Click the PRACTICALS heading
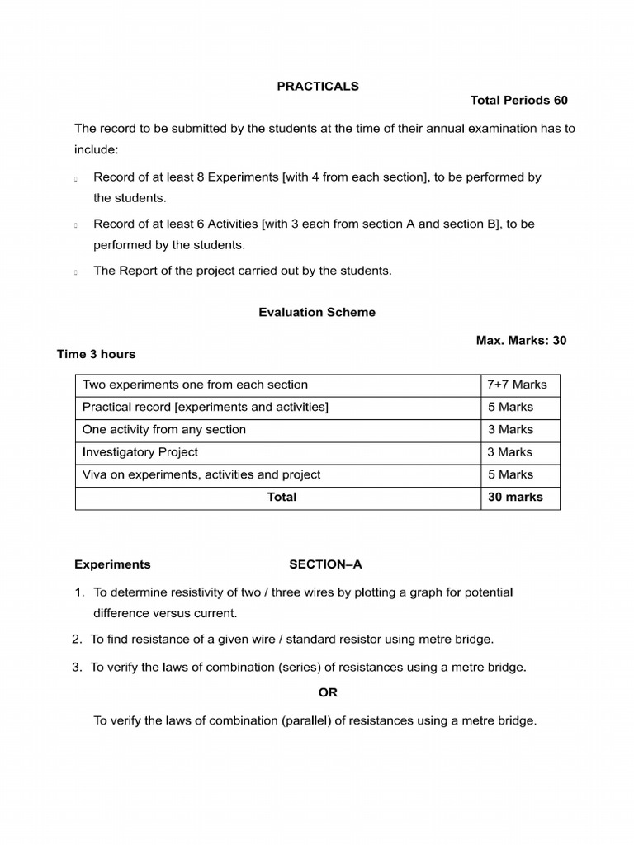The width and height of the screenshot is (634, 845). click(318, 86)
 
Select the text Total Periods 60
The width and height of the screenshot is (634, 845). click(518, 101)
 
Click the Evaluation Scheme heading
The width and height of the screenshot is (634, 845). click(317, 312)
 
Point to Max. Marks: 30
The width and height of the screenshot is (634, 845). click(521, 340)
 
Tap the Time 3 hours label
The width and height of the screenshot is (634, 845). click(96, 354)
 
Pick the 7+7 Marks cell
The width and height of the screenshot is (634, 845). click(517, 385)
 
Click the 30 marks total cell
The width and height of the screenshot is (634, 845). click(515, 497)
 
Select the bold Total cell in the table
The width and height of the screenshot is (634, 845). click(282, 497)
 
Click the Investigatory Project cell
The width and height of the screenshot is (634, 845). click(140, 452)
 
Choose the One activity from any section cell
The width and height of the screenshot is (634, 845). click(163, 429)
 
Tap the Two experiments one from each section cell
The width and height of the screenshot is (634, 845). click(195, 385)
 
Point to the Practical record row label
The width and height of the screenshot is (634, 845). click(205, 407)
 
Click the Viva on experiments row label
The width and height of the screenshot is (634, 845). click(201, 474)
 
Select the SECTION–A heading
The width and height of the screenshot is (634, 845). click(325, 564)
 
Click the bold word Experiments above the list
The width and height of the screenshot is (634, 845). click(112, 564)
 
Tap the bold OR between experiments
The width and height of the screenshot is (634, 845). click(329, 692)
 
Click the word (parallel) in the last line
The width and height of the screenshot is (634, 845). click(308, 720)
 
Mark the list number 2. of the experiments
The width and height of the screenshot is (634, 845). click(78, 640)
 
